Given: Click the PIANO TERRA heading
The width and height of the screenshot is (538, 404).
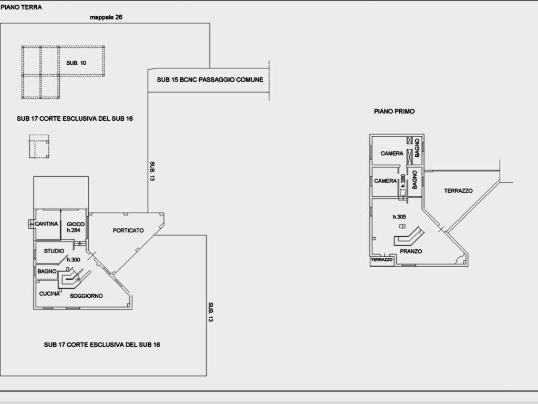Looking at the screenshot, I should coord(22,7).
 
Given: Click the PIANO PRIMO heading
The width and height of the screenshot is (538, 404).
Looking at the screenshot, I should coord(395,112).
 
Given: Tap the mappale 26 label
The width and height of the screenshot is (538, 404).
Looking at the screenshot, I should coord(107,17).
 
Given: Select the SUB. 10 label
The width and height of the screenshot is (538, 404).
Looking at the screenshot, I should coord(76,63).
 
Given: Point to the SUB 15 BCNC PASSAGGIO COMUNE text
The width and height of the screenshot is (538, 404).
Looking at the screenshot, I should coord(210,80).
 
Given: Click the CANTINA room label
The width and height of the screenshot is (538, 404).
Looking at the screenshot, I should coord(46,224).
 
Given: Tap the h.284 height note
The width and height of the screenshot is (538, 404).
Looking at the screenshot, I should coord(73,230).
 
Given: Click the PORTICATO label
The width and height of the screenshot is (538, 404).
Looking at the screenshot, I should coord(128,230).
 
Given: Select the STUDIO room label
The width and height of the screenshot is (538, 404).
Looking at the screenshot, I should coord(54,251).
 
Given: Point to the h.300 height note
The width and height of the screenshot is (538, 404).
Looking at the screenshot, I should coord(73,260).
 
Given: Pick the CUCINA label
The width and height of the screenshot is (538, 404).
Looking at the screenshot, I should coord(49,294).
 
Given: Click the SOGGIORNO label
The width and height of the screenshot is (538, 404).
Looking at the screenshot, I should coord(87,296).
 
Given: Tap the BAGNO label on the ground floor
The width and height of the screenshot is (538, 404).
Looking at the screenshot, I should coord(47,271).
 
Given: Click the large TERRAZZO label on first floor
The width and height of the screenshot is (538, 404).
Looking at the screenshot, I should coord(458,191).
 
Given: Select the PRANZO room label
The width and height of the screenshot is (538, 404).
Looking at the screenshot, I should coord(411,251).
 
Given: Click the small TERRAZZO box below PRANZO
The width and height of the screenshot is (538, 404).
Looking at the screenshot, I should coord(382,260).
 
